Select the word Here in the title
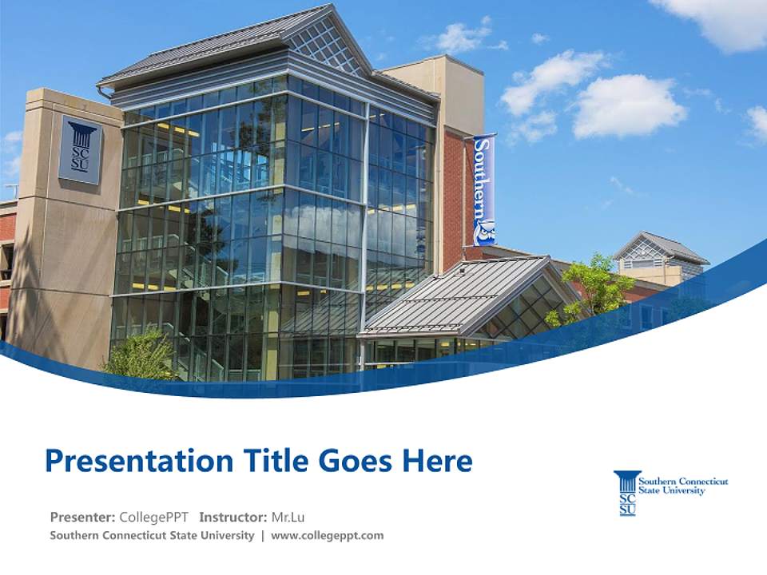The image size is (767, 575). pyautogui.click(x=435, y=461)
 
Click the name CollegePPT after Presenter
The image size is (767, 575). pyautogui.click(x=154, y=517)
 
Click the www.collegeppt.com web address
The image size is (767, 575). pyautogui.click(x=328, y=535)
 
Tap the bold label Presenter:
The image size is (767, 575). pyautogui.click(x=83, y=517)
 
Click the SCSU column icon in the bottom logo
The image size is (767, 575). pyautogui.click(x=627, y=493)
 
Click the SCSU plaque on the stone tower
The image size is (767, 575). pyautogui.click(x=80, y=149)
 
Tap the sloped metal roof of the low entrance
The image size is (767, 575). pyautogui.click(x=455, y=295)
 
